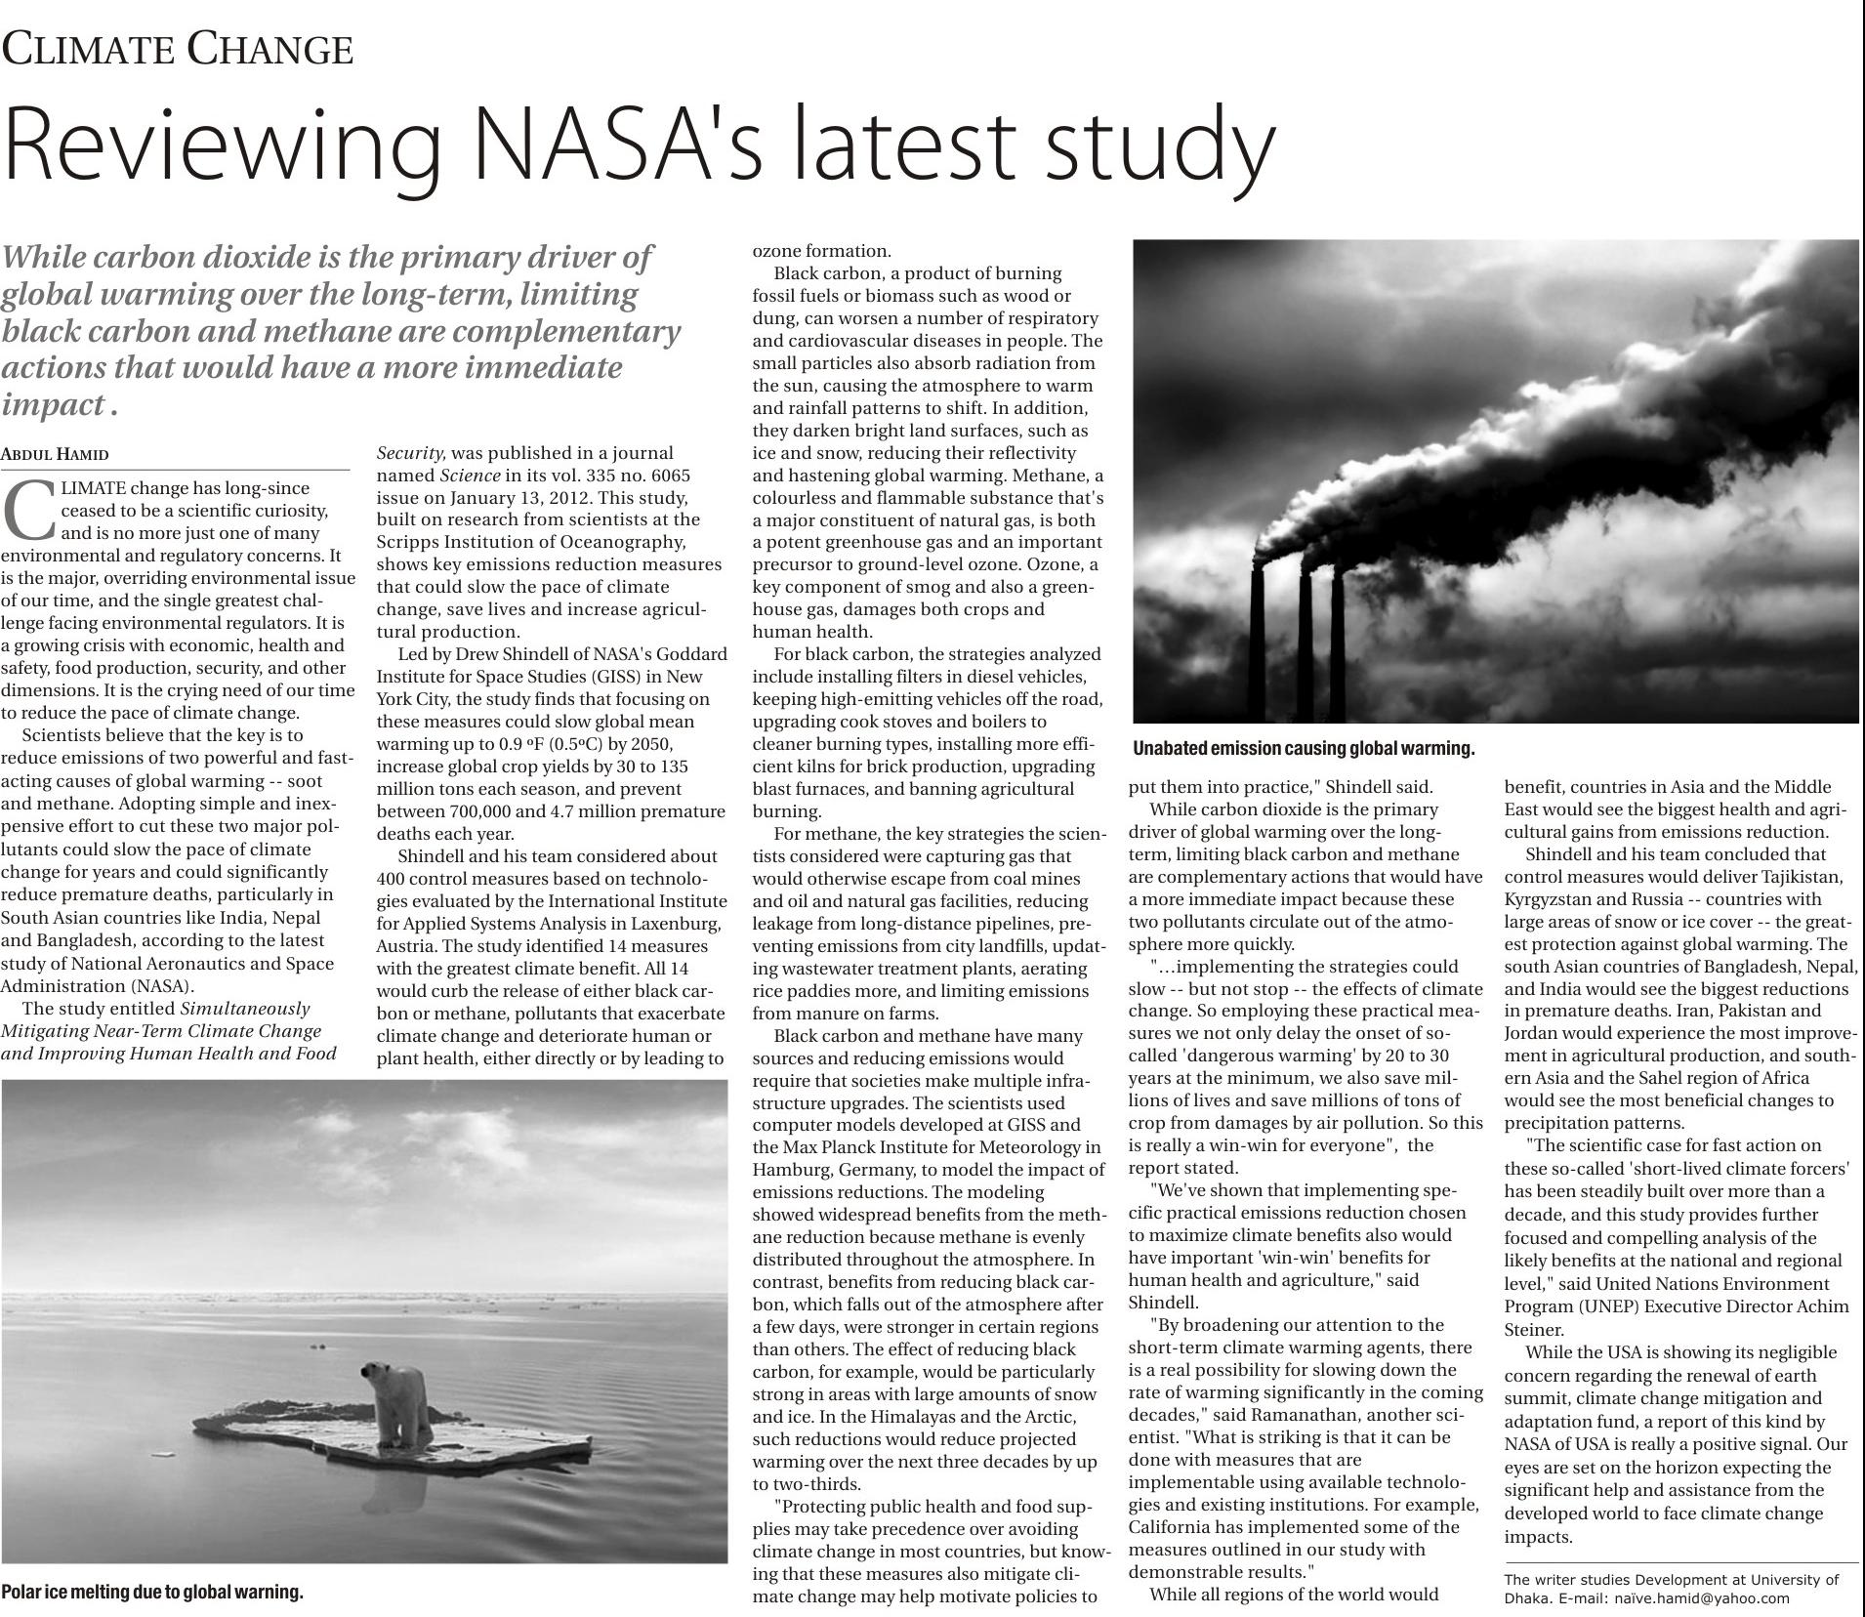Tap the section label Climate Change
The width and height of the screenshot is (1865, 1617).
[177, 49]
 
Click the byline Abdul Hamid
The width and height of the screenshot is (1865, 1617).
[55, 454]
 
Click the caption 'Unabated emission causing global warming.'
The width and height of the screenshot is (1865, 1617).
[1304, 749]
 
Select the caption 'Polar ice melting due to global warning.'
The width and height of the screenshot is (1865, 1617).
[152, 1592]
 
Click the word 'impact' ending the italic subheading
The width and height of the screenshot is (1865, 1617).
[53, 405]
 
